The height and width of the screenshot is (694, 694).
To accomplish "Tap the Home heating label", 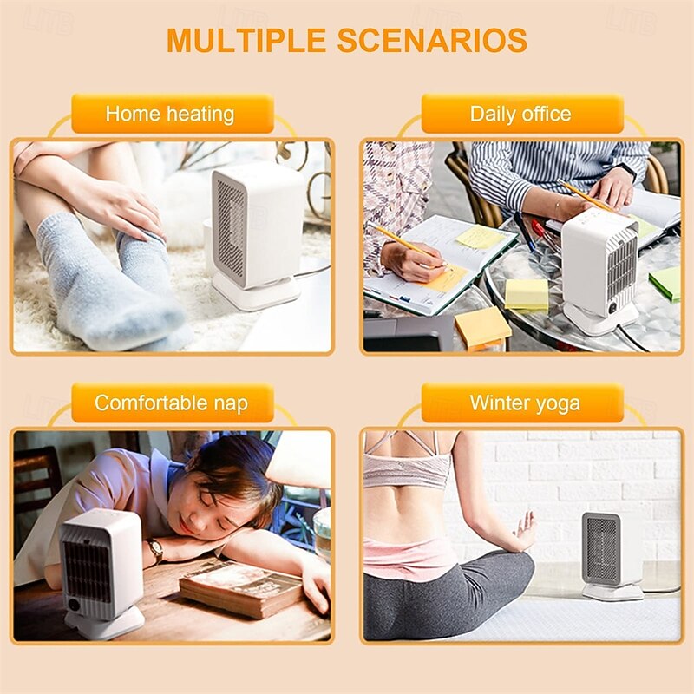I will (170, 114).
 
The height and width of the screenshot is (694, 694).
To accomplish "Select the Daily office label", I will (520, 114).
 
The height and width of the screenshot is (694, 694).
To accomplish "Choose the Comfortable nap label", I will (171, 403).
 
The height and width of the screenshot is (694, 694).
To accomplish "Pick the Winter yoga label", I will (525, 403).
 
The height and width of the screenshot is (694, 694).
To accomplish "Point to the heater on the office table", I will (600, 269).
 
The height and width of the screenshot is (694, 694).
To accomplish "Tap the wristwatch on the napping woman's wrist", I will (155, 549).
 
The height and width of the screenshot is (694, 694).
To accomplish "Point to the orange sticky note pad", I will (482, 328).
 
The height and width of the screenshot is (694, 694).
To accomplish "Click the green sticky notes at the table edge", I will (666, 282).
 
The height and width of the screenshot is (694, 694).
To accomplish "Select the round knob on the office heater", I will (612, 306).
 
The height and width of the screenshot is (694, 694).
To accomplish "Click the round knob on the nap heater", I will (73, 605).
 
